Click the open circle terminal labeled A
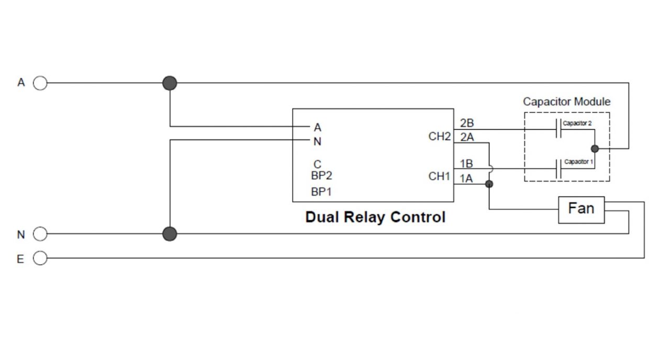[x=40, y=83]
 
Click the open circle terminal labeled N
[x=40, y=234]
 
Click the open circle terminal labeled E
[x=40, y=258]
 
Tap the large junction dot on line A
[x=170, y=83]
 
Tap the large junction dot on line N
[x=170, y=234]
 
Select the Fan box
[x=581, y=210]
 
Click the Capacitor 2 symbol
[x=558, y=129]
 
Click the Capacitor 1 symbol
[x=558, y=168]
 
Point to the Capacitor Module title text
[x=566, y=102]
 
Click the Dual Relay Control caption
[x=375, y=217]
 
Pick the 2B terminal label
[x=467, y=123]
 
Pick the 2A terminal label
[x=467, y=138]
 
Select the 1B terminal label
[x=466, y=164]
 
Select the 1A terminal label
[x=466, y=178]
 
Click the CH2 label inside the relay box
[x=439, y=137]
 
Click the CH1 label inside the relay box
[x=439, y=176]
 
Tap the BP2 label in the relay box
[x=321, y=176]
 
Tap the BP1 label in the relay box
[x=321, y=192]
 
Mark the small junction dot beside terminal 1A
[x=489, y=184]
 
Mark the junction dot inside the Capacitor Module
[x=595, y=149]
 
